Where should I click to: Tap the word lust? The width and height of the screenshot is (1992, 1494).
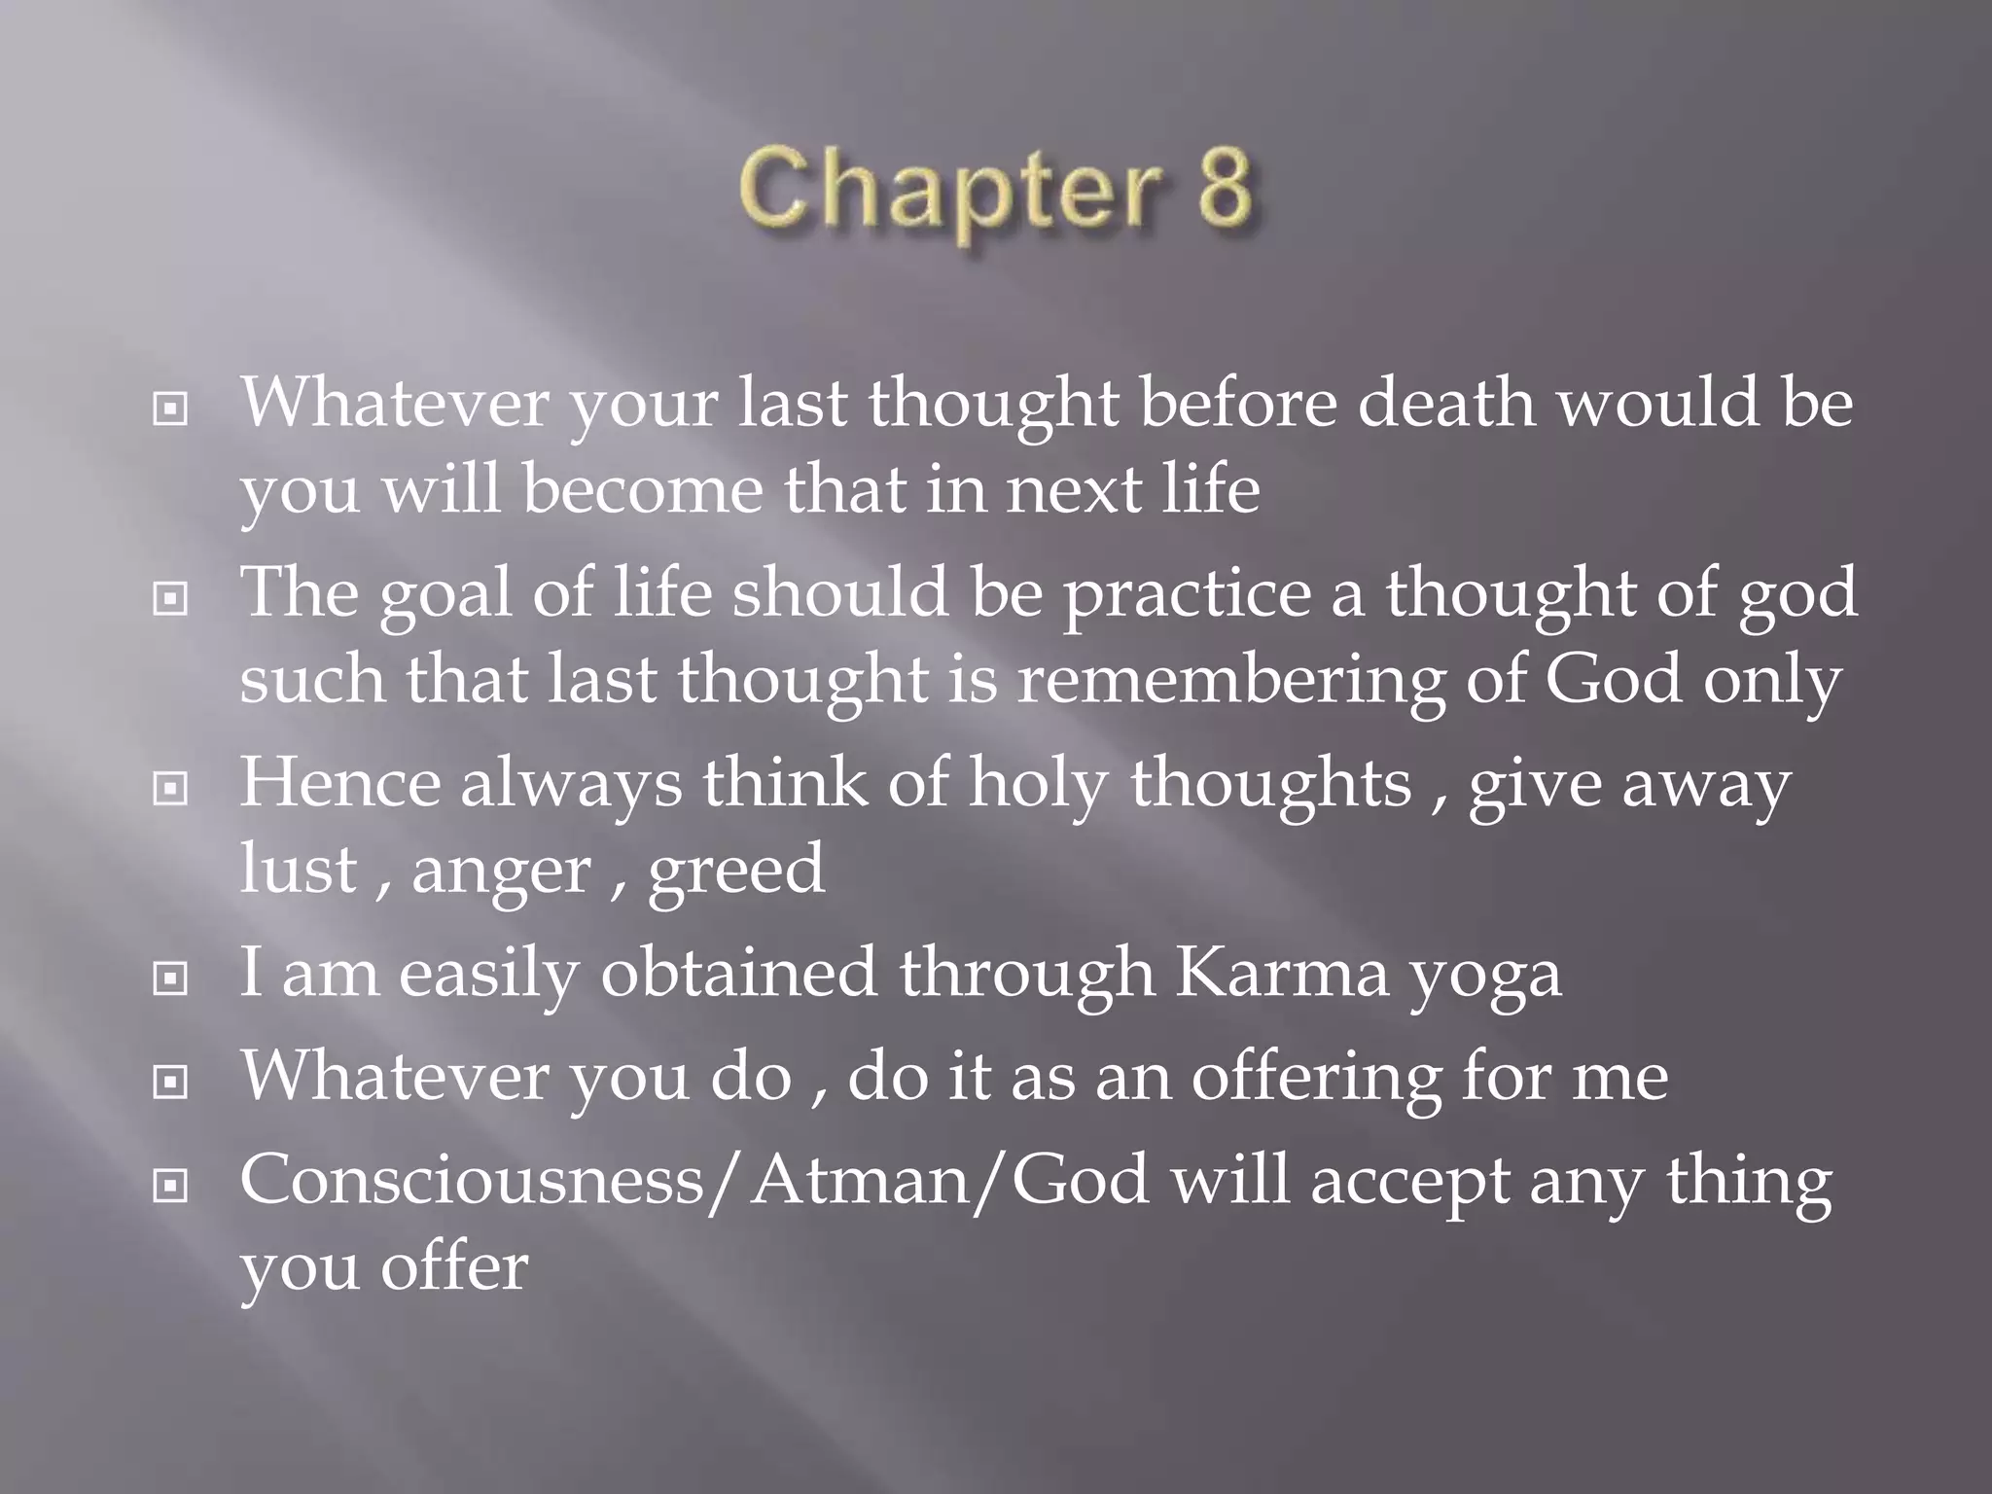pyautogui.click(x=298, y=869)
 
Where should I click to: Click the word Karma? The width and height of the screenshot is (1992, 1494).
pyautogui.click(x=1282, y=972)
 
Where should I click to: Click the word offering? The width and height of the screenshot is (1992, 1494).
pyautogui.click(x=1316, y=1078)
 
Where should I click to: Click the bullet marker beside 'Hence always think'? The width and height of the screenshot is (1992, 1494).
pyautogui.click(x=170, y=788)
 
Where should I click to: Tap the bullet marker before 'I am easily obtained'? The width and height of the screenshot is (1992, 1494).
pyautogui.click(x=170, y=978)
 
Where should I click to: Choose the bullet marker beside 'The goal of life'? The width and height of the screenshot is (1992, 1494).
pyautogui.click(x=170, y=598)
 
